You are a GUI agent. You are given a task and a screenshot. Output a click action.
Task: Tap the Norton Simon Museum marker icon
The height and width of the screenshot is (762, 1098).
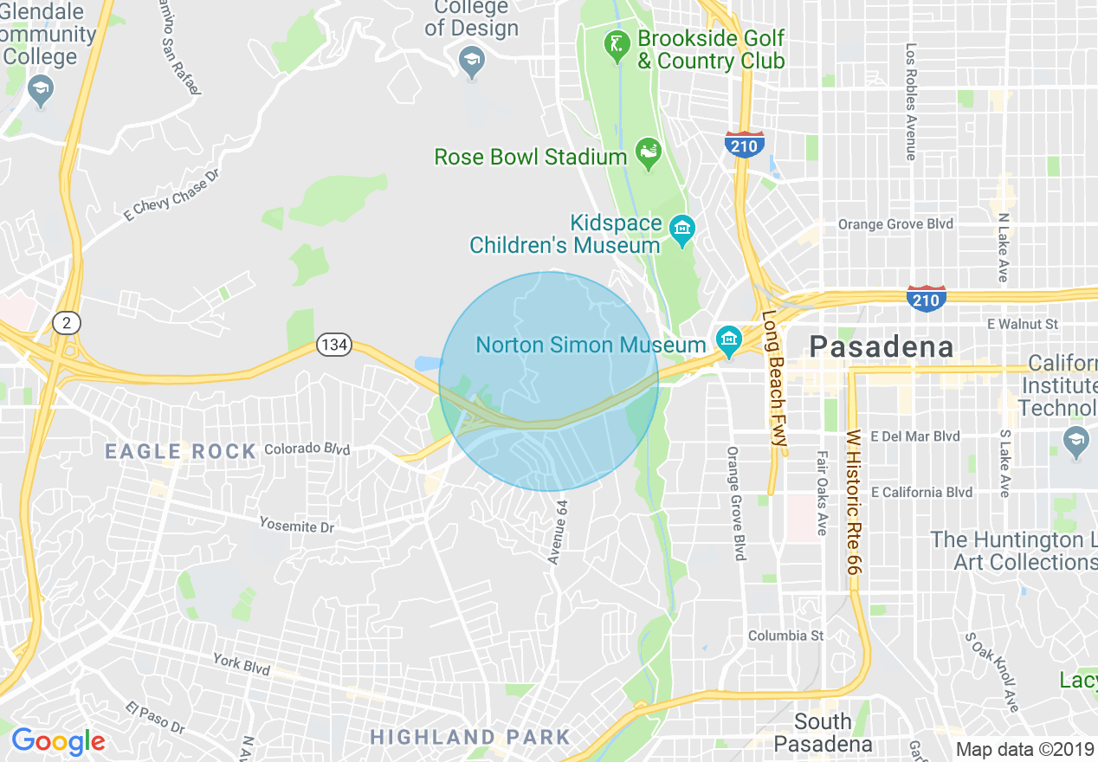pyautogui.click(x=728, y=340)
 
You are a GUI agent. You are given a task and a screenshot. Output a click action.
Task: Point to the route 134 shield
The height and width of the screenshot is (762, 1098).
pyautogui.click(x=333, y=345)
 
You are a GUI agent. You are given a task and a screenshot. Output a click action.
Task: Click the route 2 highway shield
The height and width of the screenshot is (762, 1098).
pyautogui.click(x=66, y=323)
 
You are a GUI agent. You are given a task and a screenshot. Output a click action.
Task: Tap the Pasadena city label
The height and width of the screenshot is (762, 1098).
pyautogui.click(x=882, y=347)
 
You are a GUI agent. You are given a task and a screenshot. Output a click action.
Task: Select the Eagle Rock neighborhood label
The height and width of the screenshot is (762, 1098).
pyautogui.click(x=180, y=451)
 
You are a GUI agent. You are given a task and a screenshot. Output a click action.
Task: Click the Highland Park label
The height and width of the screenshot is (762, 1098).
pyautogui.click(x=470, y=737)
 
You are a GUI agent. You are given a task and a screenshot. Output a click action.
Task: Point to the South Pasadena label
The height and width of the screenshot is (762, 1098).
pyautogui.click(x=823, y=733)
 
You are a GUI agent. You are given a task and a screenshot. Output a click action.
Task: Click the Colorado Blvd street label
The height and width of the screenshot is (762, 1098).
pyautogui.click(x=307, y=449)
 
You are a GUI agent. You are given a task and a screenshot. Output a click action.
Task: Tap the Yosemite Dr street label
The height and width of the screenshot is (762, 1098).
pyautogui.click(x=296, y=525)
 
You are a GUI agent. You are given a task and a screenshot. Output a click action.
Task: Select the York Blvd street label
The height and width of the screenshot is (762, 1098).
pyautogui.click(x=242, y=664)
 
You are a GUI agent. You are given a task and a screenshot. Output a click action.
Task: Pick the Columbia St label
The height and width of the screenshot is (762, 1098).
pyautogui.click(x=785, y=636)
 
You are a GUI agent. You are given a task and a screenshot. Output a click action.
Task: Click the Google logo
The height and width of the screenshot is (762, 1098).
pyautogui.click(x=58, y=741)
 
